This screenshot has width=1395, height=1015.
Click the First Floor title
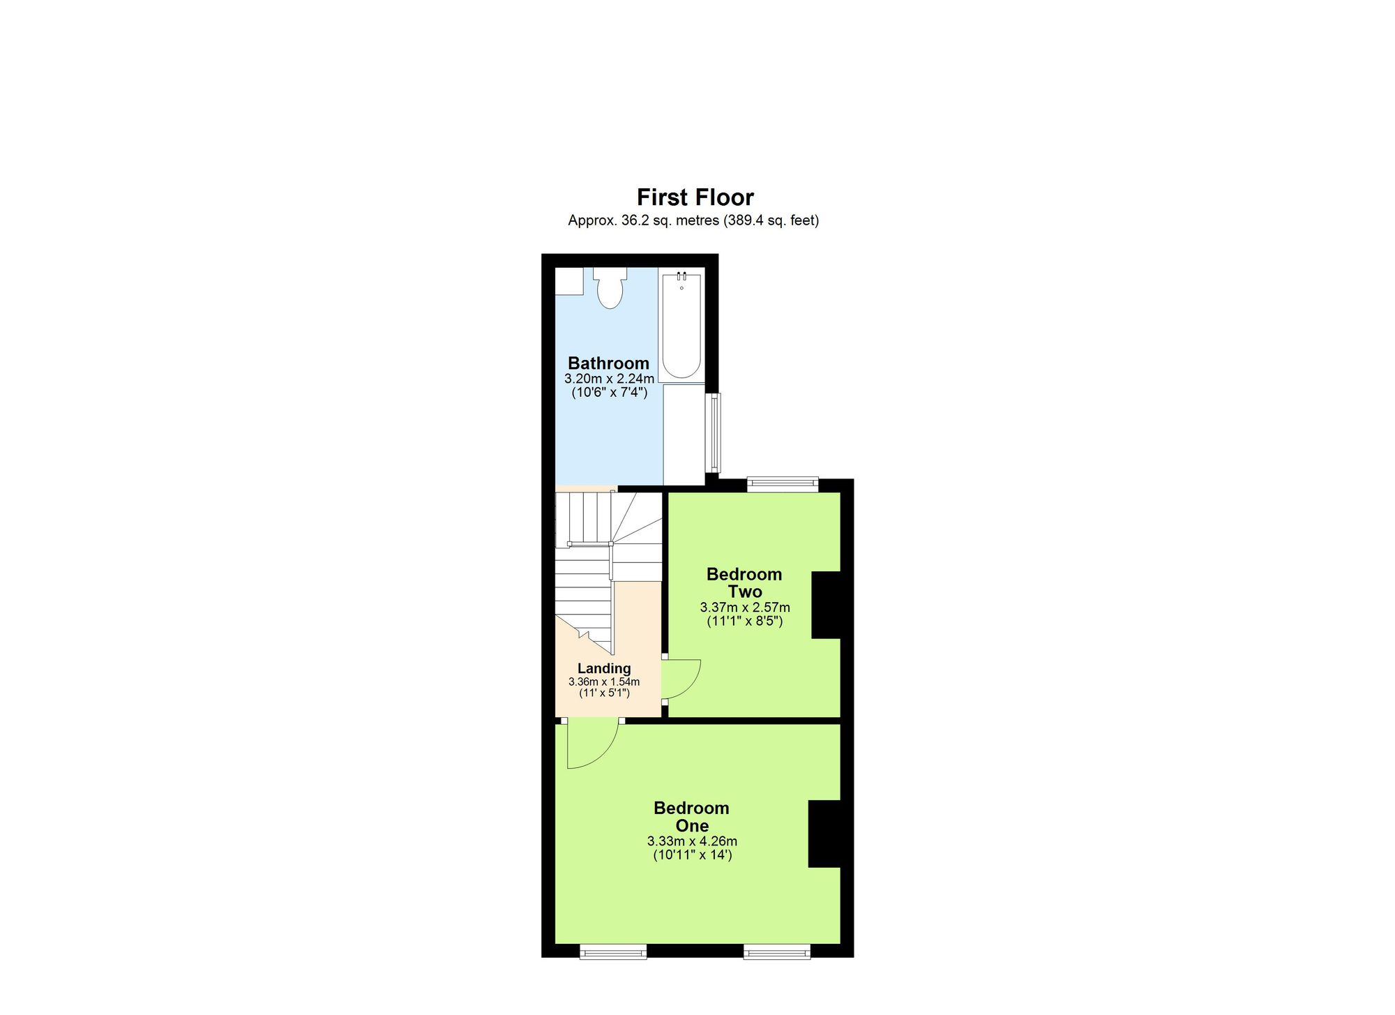[695, 197]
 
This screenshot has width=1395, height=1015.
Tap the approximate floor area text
[693, 221]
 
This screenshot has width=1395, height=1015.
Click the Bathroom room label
[608, 363]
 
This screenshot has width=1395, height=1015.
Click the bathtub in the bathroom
[681, 325]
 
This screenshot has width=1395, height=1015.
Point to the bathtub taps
[681, 277]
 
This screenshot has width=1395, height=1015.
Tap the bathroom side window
[714, 433]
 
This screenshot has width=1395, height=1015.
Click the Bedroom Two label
[744, 583]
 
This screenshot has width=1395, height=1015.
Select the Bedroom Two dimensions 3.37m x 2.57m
[745, 608]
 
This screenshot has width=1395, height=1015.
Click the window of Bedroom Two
[782, 483]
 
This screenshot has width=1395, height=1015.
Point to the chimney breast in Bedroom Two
[827, 605]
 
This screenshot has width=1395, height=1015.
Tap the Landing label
[604, 668]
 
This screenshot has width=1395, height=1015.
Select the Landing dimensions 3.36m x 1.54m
[604, 682]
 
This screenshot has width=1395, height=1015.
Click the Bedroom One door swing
[590, 744]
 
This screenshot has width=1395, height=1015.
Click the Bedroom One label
[691, 817]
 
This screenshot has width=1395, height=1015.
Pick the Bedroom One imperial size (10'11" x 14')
[692, 855]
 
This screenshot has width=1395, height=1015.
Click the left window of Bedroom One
[613, 951]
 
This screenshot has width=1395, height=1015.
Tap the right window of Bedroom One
[777, 951]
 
